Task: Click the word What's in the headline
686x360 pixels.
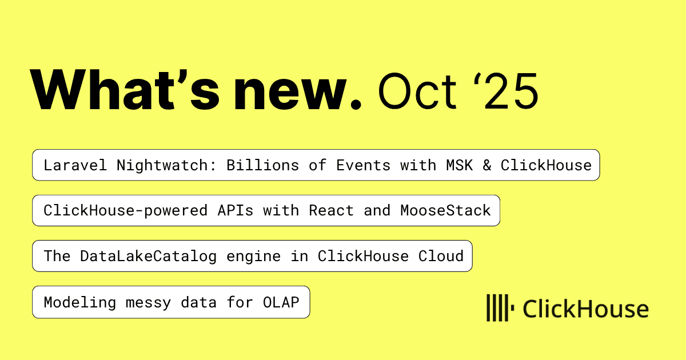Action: [x=125, y=89]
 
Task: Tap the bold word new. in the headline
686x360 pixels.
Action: [x=297, y=93]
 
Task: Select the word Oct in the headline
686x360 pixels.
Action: [x=417, y=91]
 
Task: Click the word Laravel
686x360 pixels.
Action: [x=75, y=165]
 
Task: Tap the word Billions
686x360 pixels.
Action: [x=262, y=165]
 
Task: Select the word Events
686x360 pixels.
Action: [x=363, y=165]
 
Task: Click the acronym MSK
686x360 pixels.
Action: [x=460, y=165]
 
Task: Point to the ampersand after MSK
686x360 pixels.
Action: [x=487, y=165]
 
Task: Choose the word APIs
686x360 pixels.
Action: [x=235, y=211]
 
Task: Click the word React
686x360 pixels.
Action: [x=331, y=211]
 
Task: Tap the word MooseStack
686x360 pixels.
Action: [x=445, y=211]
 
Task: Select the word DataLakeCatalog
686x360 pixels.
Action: [x=148, y=256]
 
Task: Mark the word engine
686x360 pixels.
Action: [x=253, y=257]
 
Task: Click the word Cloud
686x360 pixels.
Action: [x=441, y=256]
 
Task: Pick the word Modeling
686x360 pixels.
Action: [x=80, y=303]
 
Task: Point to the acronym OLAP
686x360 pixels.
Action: [x=281, y=302]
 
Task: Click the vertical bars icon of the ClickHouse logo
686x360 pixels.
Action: [x=500, y=308]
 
